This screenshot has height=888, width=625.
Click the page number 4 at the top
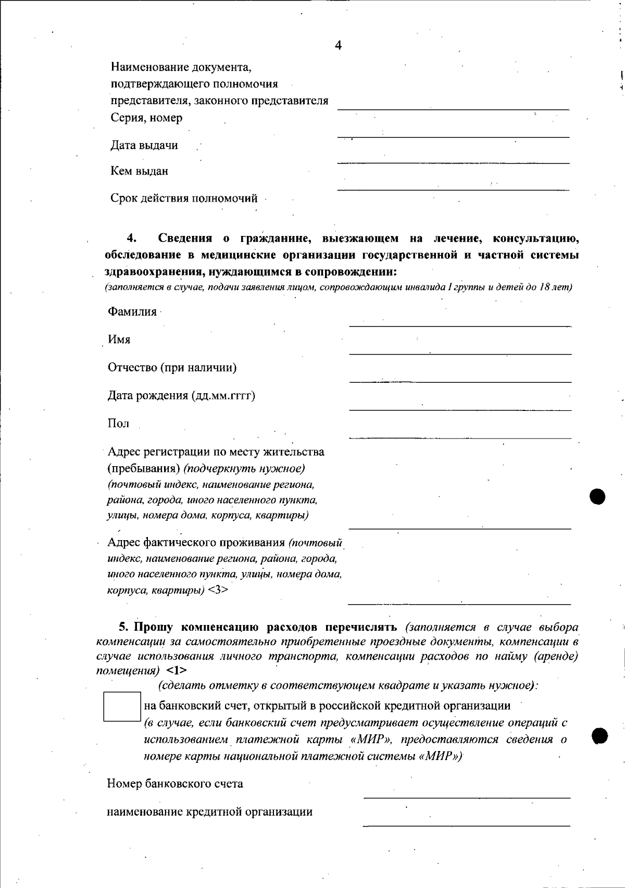[x=338, y=45]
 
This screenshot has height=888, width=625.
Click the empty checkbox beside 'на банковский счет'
[x=122, y=706]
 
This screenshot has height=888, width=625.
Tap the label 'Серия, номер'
[x=146, y=118]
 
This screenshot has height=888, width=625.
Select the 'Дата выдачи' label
[x=144, y=145]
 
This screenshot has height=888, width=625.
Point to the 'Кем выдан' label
[x=139, y=171]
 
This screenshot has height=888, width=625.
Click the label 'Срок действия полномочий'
[x=184, y=198]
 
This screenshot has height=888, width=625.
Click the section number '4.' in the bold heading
[x=131, y=239]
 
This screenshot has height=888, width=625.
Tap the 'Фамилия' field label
[x=132, y=312]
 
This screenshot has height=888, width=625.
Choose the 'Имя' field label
[x=119, y=340]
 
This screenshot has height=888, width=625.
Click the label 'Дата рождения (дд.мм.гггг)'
[x=181, y=396]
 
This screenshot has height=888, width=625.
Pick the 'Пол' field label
[x=118, y=423]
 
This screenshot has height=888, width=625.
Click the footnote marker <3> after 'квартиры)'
[x=218, y=590]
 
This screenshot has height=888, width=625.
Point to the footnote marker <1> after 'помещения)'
[x=177, y=670]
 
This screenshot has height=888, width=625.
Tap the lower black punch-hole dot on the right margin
[x=599, y=735]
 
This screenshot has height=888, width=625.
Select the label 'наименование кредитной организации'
[x=209, y=811]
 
